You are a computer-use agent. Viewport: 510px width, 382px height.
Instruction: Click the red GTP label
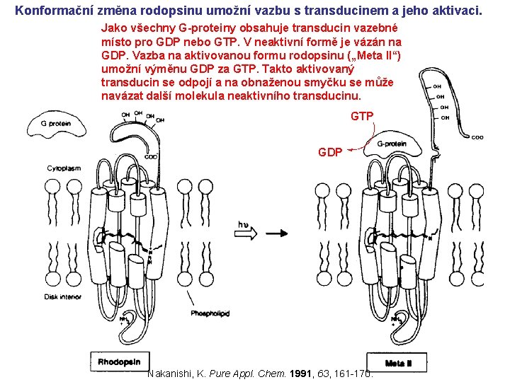(362, 116)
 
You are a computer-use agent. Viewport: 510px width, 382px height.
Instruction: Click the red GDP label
(330, 152)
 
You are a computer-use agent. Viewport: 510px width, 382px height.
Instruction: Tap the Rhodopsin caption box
(120, 361)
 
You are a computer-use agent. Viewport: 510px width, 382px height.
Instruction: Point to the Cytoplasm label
(64, 168)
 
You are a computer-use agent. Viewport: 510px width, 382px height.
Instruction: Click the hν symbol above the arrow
(244, 225)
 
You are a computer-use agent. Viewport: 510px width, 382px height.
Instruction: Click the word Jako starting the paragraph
(115, 29)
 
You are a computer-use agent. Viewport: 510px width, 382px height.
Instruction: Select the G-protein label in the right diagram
(391, 144)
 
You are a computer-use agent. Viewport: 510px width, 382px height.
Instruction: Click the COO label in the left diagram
(151, 156)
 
